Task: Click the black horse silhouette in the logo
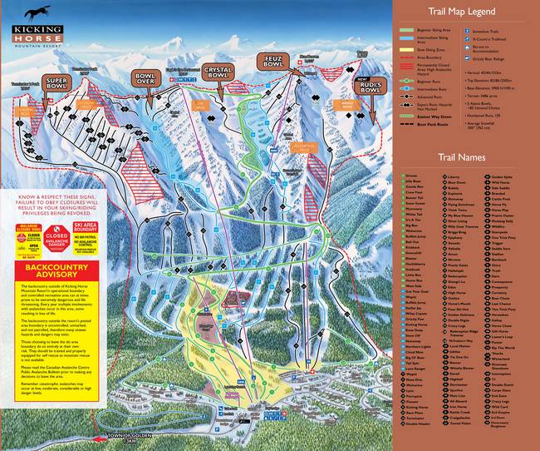coord(38,12)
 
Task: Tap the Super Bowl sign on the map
coord(56,85)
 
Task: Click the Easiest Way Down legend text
coord(436,117)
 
